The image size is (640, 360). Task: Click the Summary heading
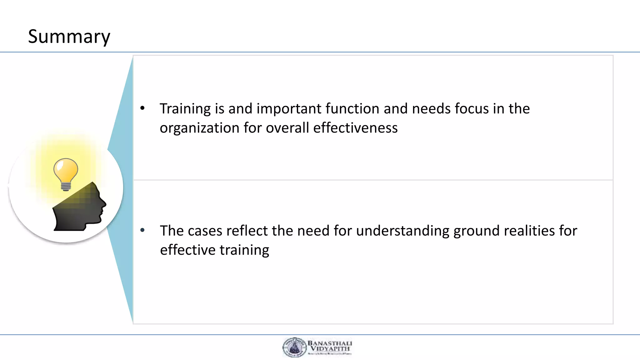point(69,37)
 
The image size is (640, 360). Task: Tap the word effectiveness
point(355,128)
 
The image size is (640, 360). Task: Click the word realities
point(529,231)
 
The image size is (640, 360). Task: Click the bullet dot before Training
point(142,108)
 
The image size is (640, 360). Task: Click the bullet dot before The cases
point(142,230)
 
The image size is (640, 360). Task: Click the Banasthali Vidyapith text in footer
point(330,346)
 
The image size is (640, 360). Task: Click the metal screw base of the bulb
point(66,187)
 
